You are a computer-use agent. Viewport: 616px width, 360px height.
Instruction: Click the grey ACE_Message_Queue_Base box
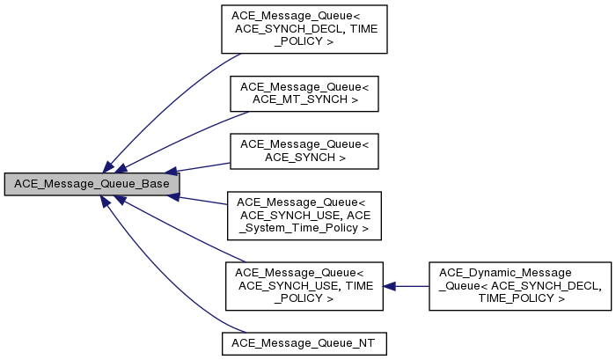point(92,184)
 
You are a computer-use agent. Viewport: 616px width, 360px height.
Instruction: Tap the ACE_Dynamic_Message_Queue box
point(519,286)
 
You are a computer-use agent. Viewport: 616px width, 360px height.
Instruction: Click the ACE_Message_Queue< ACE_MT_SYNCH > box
point(304,92)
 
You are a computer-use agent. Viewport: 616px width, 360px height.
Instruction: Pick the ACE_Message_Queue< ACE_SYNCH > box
point(304,150)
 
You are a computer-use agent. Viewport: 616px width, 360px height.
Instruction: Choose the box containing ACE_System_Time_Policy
point(304,215)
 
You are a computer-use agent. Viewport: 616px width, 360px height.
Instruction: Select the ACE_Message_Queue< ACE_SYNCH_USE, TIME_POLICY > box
point(304,286)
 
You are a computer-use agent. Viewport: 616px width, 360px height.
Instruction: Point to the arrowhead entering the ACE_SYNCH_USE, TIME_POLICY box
point(390,286)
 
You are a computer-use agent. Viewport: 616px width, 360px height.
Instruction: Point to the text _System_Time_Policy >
point(304,228)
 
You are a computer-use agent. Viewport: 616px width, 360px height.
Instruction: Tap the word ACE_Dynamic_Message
point(519,273)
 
